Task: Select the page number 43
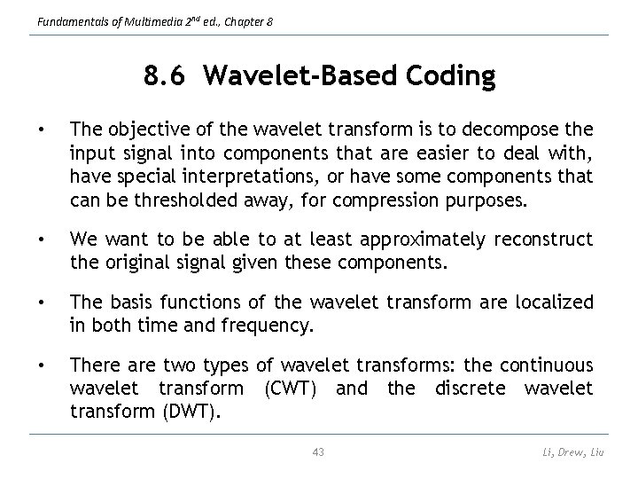click(319, 452)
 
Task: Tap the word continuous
click(545, 365)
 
